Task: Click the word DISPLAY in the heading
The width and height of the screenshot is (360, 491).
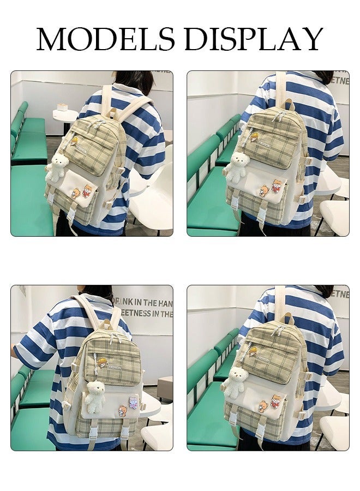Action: (x=254, y=39)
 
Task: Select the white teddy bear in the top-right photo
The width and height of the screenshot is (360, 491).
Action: (x=236, y=167)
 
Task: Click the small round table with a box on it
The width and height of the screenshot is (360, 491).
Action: (x=65, y=116)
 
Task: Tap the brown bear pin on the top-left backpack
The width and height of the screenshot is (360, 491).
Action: (x=76, y=192)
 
